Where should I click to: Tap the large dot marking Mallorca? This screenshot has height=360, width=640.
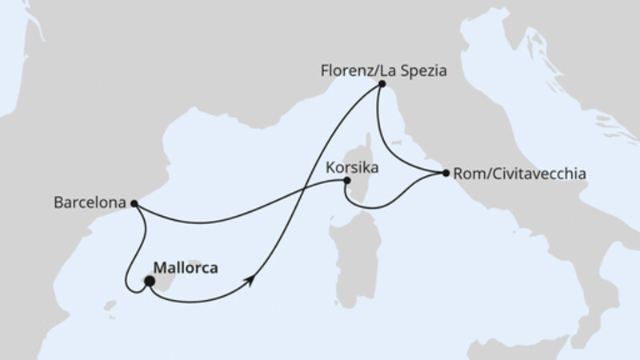149,281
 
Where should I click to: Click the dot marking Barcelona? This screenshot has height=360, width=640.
134,203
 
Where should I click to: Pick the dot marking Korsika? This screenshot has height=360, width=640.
346,181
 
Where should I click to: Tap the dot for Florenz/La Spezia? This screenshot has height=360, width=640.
382,83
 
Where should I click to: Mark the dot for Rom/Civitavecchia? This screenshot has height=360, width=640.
446,172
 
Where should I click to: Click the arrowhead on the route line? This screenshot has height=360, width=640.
252,279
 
